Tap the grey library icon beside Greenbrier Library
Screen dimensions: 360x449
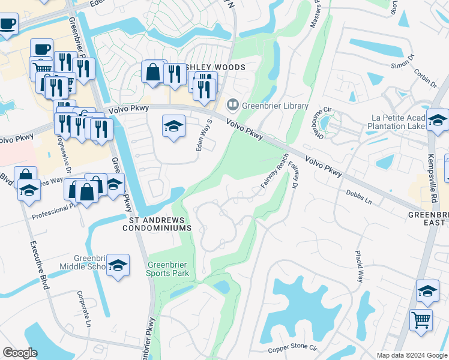[232, 105]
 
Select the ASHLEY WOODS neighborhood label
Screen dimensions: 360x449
[215, 67]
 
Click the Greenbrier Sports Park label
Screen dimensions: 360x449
[168, 268]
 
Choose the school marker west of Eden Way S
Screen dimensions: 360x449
[173, 127]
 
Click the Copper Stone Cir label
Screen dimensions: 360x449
[292, 347]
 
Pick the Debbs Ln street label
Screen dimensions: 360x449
[359, 198]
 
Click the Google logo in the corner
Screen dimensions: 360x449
[20, 352]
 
